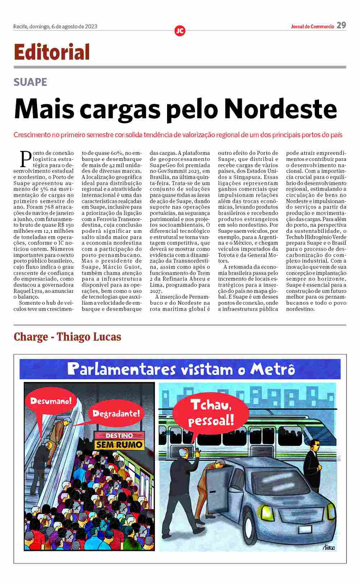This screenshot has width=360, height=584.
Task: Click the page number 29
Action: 341,25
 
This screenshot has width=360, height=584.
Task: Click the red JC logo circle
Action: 180,31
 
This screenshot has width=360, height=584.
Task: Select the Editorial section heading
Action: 52,52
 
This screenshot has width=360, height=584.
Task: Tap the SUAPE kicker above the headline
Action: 30,82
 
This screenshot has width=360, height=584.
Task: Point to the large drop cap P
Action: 26,159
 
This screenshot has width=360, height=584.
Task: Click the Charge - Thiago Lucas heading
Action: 67,337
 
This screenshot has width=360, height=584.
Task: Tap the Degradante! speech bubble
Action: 116,413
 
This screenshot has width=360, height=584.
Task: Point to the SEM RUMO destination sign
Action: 119,445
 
